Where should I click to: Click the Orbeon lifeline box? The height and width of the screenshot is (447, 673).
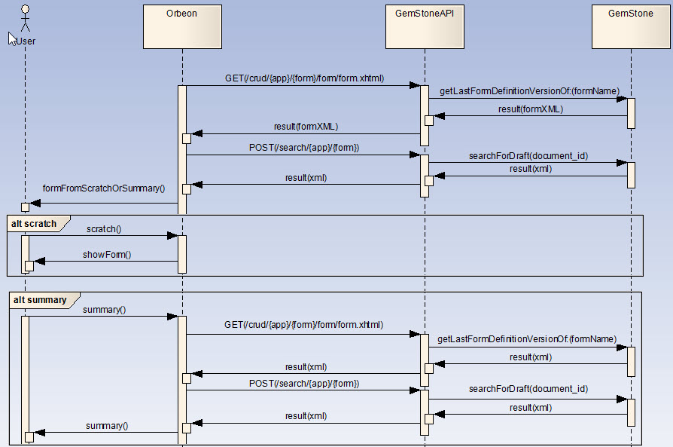(x=182, y=26)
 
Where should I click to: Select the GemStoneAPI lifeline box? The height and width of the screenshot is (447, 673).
(x=425, y=26)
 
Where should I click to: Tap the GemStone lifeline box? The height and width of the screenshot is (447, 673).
(x=631, y=26)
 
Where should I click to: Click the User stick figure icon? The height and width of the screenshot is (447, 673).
(x=26, y=19)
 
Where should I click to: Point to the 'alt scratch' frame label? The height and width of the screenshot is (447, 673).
(x=34, y=223)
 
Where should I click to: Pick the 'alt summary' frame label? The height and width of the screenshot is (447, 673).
(x=40, y=300)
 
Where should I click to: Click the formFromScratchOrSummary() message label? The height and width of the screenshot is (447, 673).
(x=104, y=188)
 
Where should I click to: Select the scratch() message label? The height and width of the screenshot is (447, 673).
(x=104, y=229)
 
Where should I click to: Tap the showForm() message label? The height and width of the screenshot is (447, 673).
(x=107, y=255)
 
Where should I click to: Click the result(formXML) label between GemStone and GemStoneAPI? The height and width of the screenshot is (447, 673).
(x=531, y=109)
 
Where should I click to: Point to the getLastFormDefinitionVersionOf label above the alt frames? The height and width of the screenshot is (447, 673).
(x=530, y=91)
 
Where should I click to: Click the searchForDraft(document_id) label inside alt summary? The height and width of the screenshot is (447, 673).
(x=528, y=389)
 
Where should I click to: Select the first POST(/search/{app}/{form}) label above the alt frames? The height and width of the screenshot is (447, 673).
(x=304, y=148)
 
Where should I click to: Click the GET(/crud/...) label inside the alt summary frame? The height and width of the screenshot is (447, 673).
(x=304, y=325)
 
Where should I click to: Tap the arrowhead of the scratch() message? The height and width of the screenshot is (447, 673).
(x=172, y=235)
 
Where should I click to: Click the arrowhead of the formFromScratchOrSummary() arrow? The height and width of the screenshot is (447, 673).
(x=35, y=204)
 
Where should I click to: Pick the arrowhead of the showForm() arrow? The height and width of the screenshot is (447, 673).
(x=39, y=261)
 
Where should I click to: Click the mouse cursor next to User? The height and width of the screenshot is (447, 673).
(x=12, y=38)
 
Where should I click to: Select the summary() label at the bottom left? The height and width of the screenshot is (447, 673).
(x=107, y=425)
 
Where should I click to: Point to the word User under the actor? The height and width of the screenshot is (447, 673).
(x=26, y=41)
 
